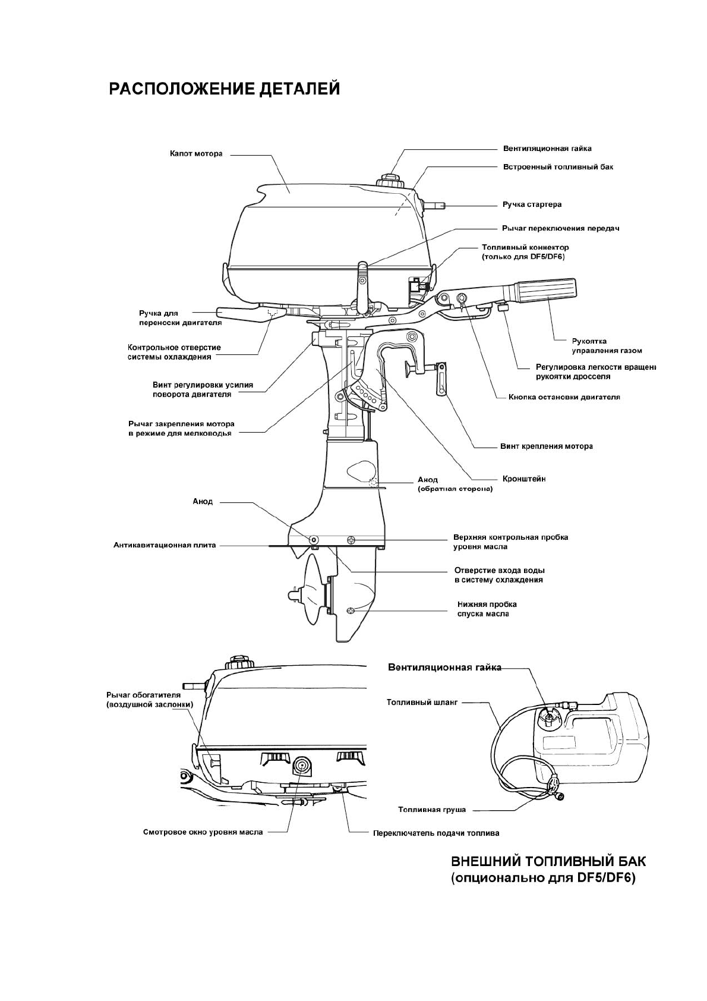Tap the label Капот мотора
pos(196,154)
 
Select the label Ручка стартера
pos(532,204)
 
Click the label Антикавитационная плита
pos(165,545)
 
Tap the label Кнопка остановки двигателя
pos(564,396)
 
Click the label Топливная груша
pos(432,810)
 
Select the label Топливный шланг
pos(422,702)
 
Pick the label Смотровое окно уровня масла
pos(203,832)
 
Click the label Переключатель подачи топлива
pos(436,833)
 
